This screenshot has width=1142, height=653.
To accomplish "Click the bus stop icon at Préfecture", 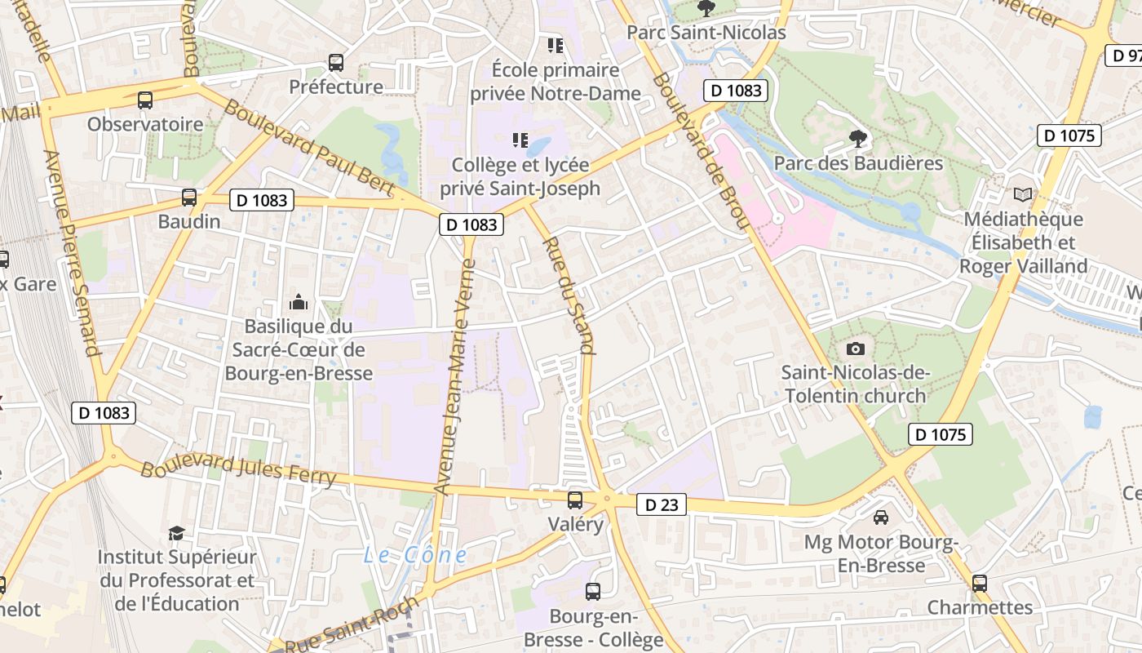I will [x=335, y=63].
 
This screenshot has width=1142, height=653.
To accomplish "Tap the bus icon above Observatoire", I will [x=145, y=100].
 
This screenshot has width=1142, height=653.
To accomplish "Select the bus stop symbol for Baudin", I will [x=189, y=198].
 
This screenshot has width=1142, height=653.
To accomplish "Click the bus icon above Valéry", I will [x=575, y=500].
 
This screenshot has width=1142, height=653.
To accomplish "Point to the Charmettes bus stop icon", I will [x=980, y=584].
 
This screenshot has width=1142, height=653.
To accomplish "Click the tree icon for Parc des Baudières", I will [x=857, y=139].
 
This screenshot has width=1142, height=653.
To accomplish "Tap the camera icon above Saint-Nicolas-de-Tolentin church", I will [x=855, y=349].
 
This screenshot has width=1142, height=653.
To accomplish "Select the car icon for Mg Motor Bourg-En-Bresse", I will [x=881, y=518].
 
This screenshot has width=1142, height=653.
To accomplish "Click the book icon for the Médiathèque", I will [x=1022, y=194].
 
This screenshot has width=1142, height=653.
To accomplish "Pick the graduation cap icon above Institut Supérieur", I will [x=176, y=533].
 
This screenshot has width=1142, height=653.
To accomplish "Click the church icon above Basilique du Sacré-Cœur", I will [x=299, y=302].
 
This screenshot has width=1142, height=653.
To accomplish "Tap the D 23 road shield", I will [x=662, y=505].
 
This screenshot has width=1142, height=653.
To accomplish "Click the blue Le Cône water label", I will [x=415, y=556].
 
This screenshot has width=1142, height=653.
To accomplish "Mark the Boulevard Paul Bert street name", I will [x=309, y=149].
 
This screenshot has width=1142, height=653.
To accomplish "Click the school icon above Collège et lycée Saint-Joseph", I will [x=520, y=140].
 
